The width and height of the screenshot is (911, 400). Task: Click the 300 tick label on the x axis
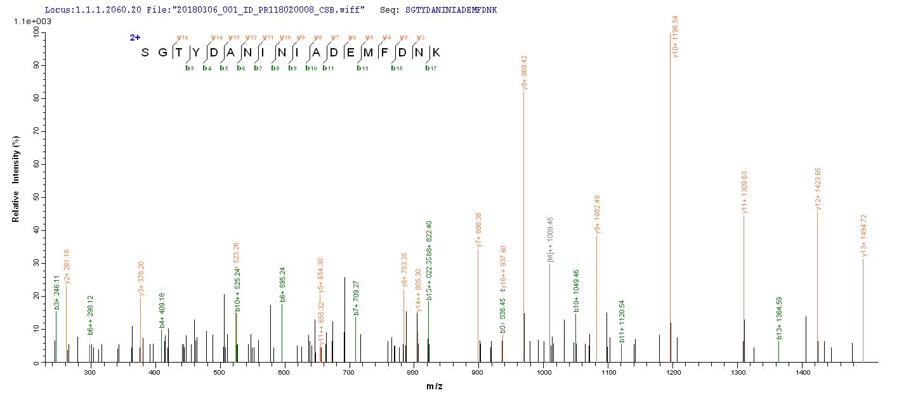tap(89, 371)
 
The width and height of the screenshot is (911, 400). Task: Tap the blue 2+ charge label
tap(135, 37)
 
